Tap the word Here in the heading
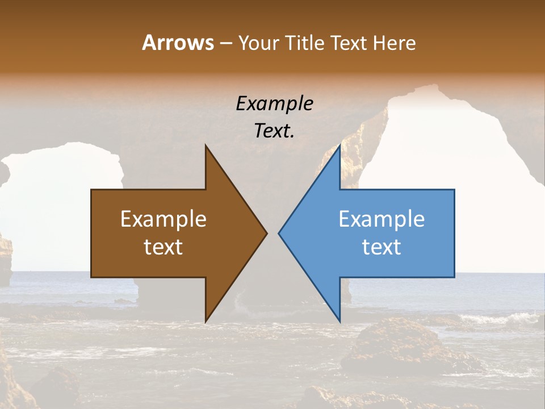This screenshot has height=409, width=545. tap(395, 43)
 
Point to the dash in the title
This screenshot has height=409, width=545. tap(225, 43)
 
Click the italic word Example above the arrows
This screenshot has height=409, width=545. tap(275, 103)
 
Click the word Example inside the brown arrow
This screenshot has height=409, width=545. tap(163, 219)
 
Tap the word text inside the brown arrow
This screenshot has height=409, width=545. tap(163, 247)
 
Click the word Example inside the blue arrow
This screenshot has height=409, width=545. tap(381, 219)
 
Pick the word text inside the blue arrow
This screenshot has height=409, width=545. tap(381, 247)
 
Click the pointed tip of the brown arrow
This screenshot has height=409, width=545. tap(266, 233)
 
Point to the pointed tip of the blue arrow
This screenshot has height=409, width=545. tap(279, 233)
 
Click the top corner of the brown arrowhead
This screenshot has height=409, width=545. tap(206, 146)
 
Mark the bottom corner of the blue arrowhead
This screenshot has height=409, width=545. tap(339, 320)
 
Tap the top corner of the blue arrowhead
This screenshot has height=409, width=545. tap(339, 146)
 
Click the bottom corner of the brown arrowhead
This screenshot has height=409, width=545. tap(206, 320)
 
